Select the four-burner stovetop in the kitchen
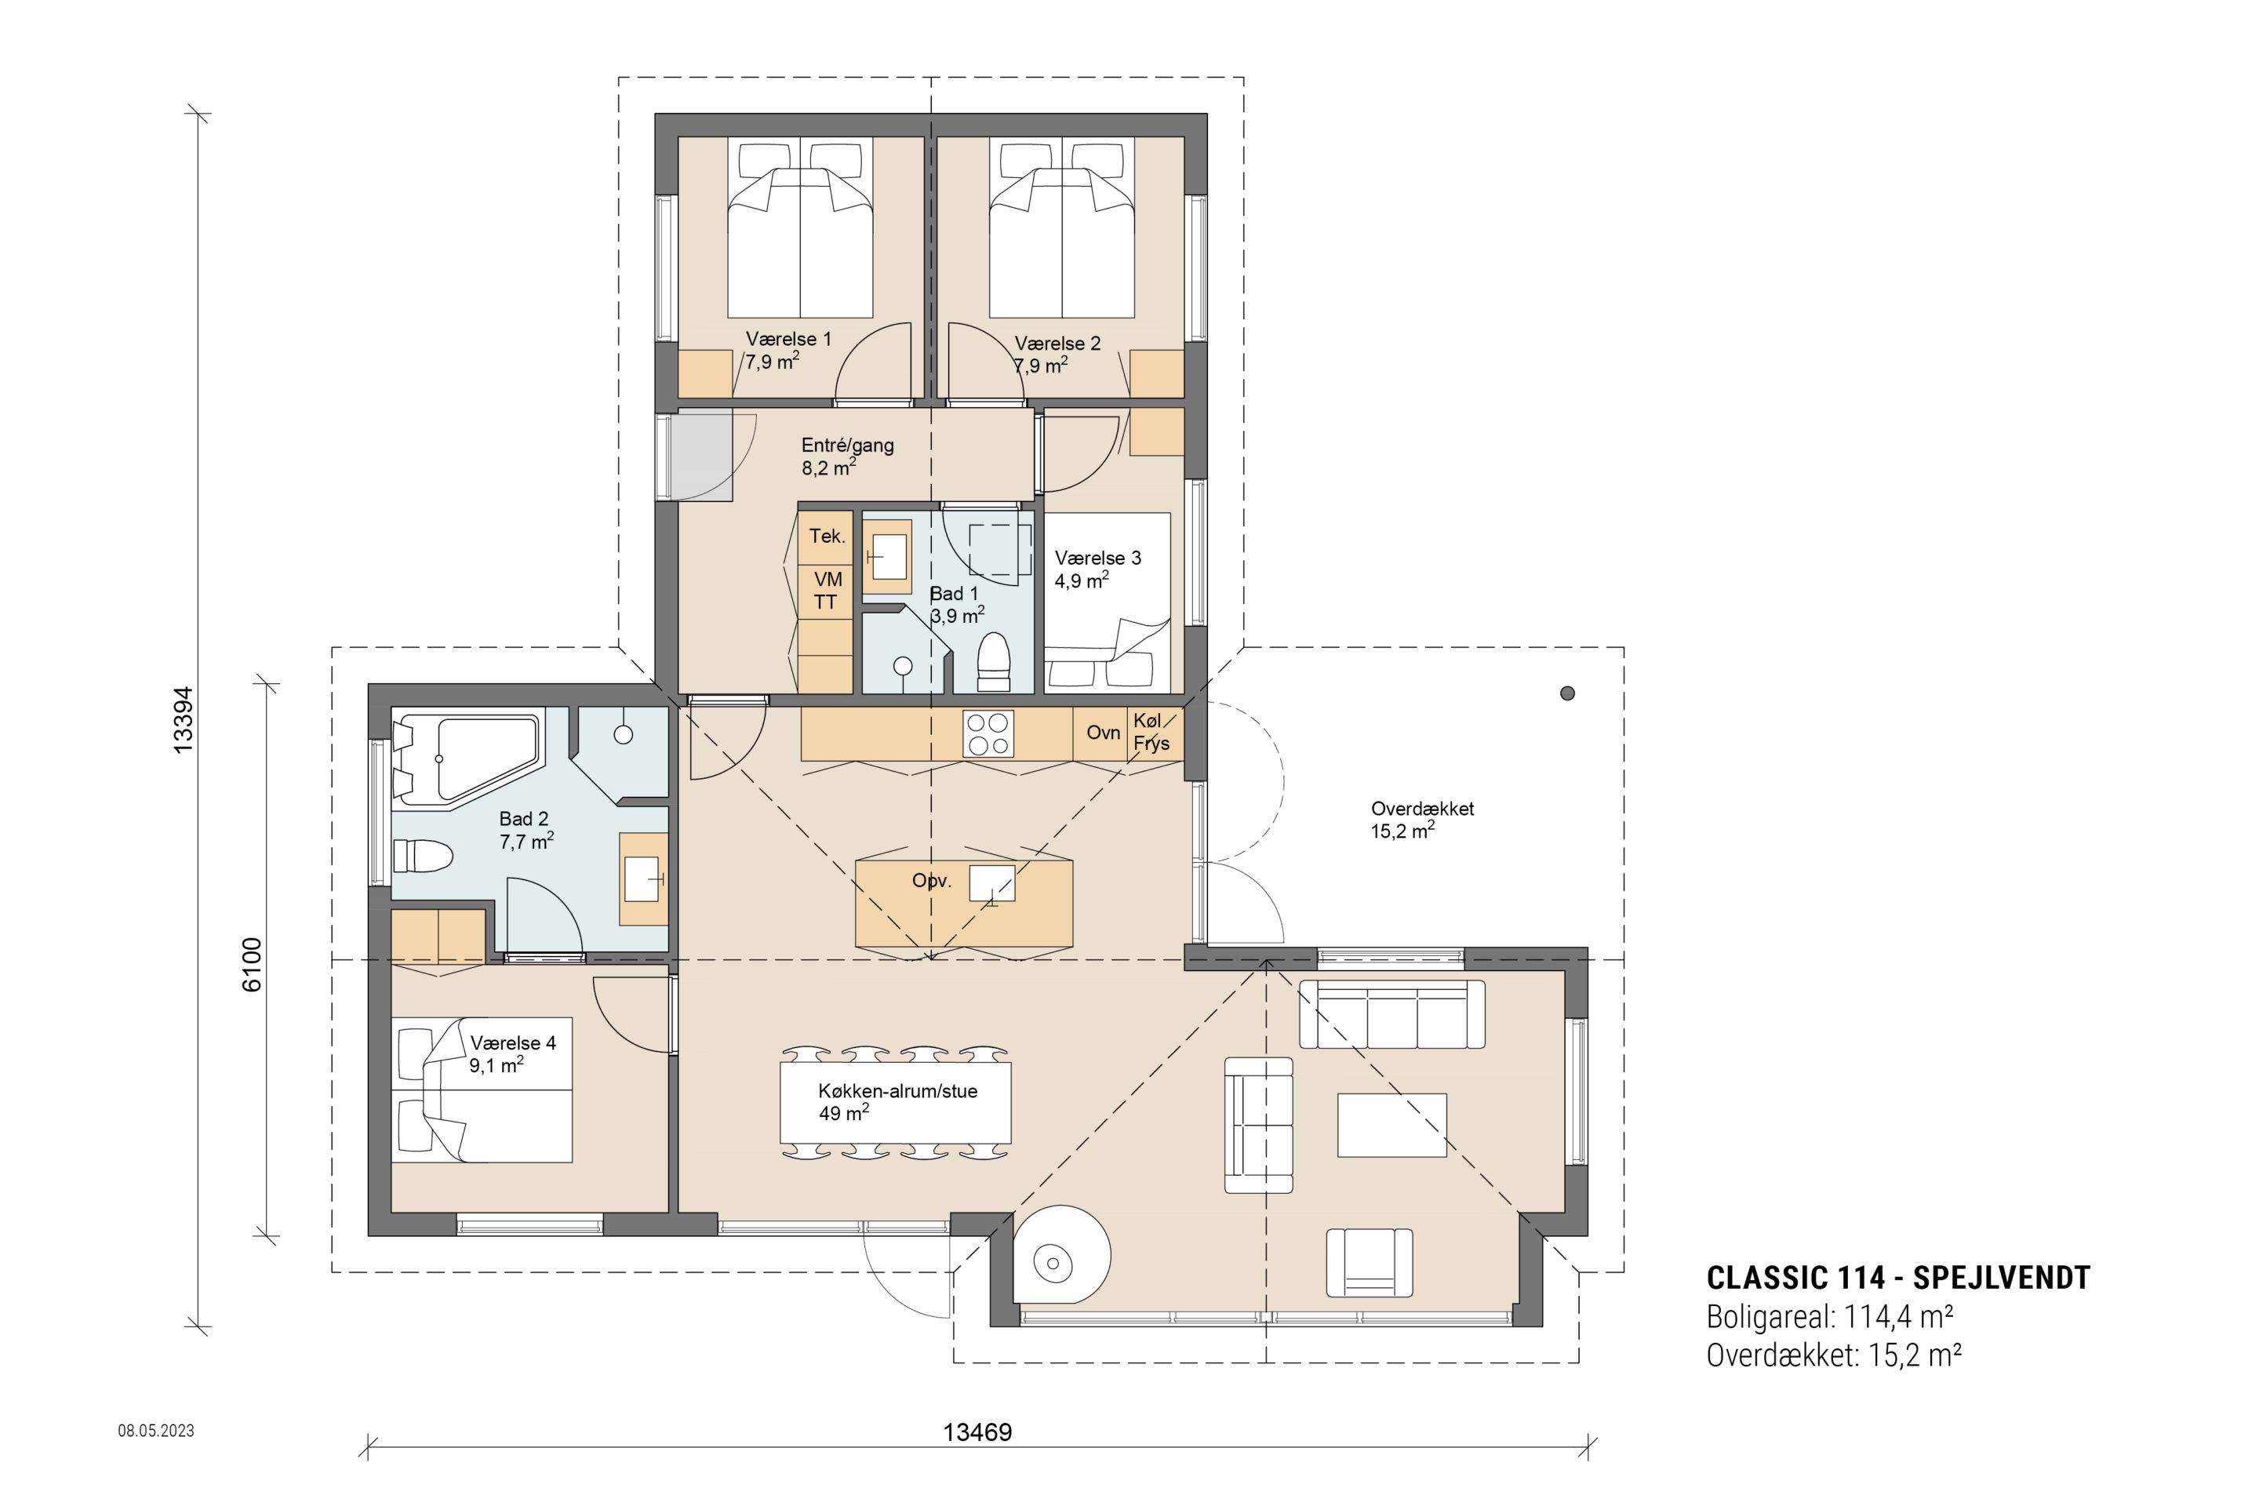pyautogui.click(x=988, y=734)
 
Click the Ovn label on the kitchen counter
pyautogui.click(x=1103, y=733)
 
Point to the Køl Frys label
pyautogui.click(x=1151, y=732)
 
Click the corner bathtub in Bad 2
pyautogui.click(x=467, y=758)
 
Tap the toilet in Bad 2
pyautogui.click(x=423, y=857)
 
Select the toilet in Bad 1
pyautogui.click(x=993, y=662)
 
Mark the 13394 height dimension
pyautogui.click(x=183, y=720)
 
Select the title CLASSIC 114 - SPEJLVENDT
pyautogui.click(x=1898, y=1278)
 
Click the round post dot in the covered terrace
pyautogui.click(x=1567, y=693)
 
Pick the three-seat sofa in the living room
pyautogui.click(x=1391, y=1014)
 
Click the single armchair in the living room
pyautogui.click(x=1370, y=1262)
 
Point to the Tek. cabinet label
pyautogui.click(x=827, y=536)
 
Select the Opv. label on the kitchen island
pyautogui.click(x=932, y=881)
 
